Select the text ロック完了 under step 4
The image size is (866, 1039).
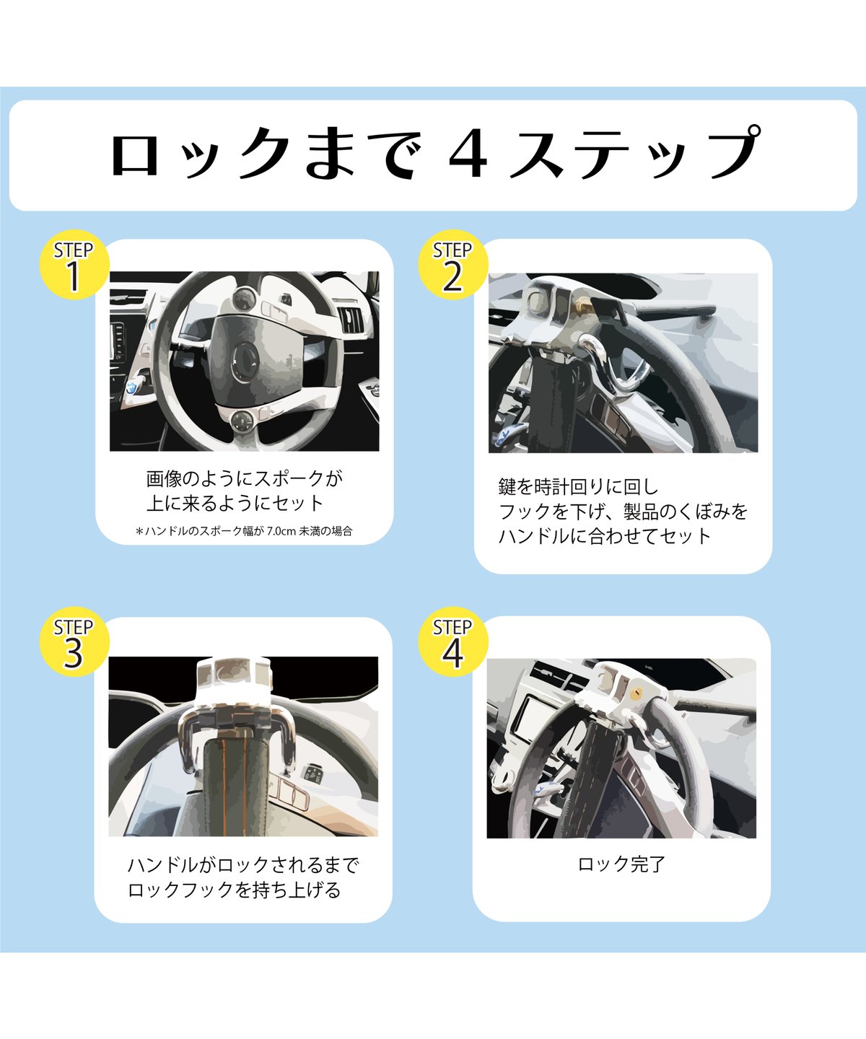(x=621, y=864)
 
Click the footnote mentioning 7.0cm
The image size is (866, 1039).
(x=244, y=531)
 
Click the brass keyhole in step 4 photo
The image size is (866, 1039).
(x=635, y=693)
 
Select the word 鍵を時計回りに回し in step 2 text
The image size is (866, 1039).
(x=578, y=487)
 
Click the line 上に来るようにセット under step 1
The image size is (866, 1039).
(x=235, y=503)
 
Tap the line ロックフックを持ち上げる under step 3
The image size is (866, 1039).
(x=234, y=890)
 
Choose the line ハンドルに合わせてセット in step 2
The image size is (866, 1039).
(x=605, y=536)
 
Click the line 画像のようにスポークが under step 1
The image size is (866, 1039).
(x=244, y=478)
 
